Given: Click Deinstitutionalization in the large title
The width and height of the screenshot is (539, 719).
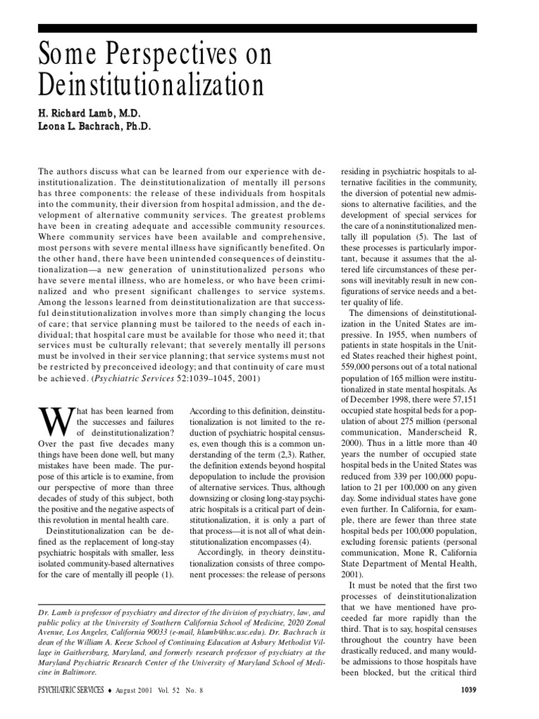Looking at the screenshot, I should pyautogui.click(x=150, y=86).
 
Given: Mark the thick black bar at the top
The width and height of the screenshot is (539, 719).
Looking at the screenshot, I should pyautogui.click(x=258, y=28).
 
